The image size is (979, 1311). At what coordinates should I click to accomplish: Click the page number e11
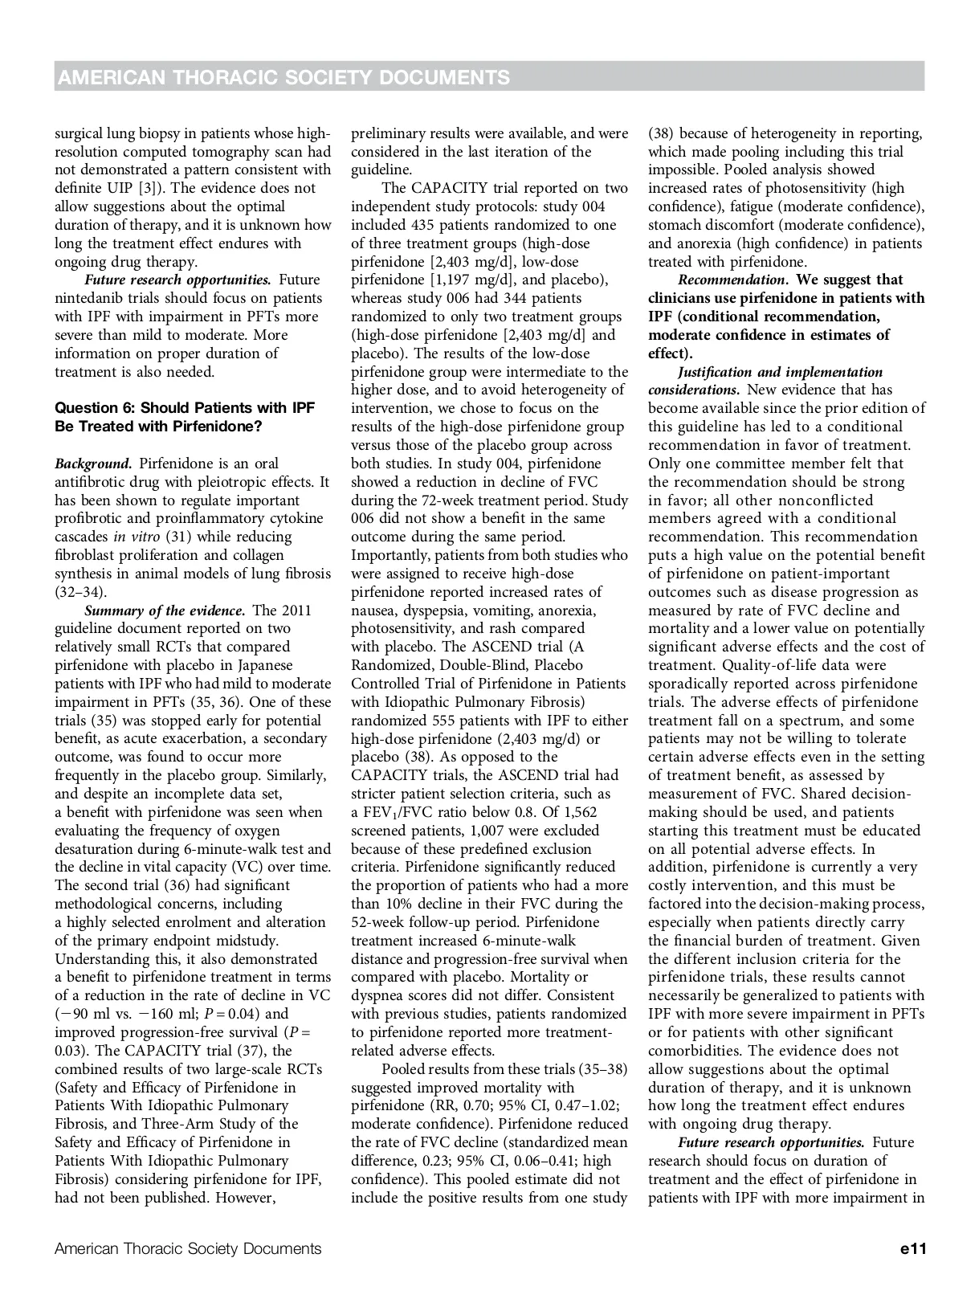913,1248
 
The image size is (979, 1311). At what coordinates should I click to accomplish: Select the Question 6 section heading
185,417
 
